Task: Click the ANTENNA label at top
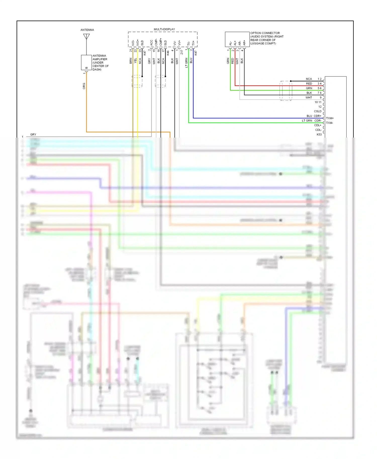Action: pyautogui.click(x=87, y=30)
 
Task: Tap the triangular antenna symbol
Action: pyautogui.click(x=86, y=37)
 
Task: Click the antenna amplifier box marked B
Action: pyautogui.click(x=86, y=63)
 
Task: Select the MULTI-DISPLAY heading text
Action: pyautogui.click(x=164, y=29)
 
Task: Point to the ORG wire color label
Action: pyautogui.click(x=84, y=86)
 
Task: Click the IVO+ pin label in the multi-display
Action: pyautogui.click(x=137, y=42)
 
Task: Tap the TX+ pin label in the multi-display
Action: pyautogui.click(x=193, y=43)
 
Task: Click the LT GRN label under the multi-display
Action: pyautogui.click(x=186, y=63)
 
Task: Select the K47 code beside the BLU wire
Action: pyautogui.click(x=196, y=53)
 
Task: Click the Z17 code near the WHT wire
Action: pyautogui.click(x=182, y=52)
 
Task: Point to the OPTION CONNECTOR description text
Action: pyautogui.click(x=267, y=38)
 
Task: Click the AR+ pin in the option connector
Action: pyautogui.click(x=244, y=43)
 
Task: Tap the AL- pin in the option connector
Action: pyautogui.click(x=230, y=44)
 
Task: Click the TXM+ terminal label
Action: pyautogui.click(x=330, y=118)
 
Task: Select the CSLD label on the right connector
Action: pyautogui.click(x=318, y=111)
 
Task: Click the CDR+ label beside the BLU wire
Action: pyautogui.click(x=317, y=116)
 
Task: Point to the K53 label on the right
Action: pyautogui.click(x=319, y=135)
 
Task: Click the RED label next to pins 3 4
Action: pyautogui.click(x=309, y=84)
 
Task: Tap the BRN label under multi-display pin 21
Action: pyautogui.click(x=131, y=61)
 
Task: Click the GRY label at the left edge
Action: pyautogui.click(x=33, y=135)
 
